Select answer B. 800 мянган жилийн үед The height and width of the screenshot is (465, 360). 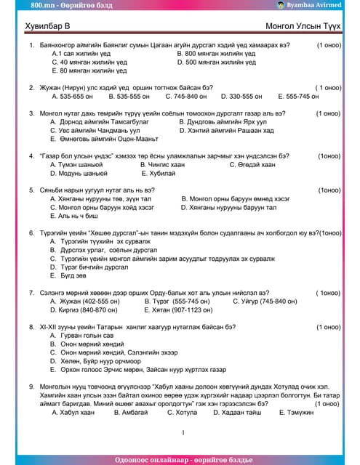pyautogui.click(x=216, y=54)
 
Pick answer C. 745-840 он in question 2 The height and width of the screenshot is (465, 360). pyautogui.click(x=186, y=96)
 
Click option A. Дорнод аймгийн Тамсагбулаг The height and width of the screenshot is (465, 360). pyautogui.click(x=95, y=122)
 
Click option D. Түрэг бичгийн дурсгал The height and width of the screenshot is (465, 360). pyautogui.click(x=99, y=267)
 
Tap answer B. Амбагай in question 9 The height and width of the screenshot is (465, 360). pyautogui.click(x=135, y=412)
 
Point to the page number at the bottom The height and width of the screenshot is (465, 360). pyautogui.click(x=183, y=433)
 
